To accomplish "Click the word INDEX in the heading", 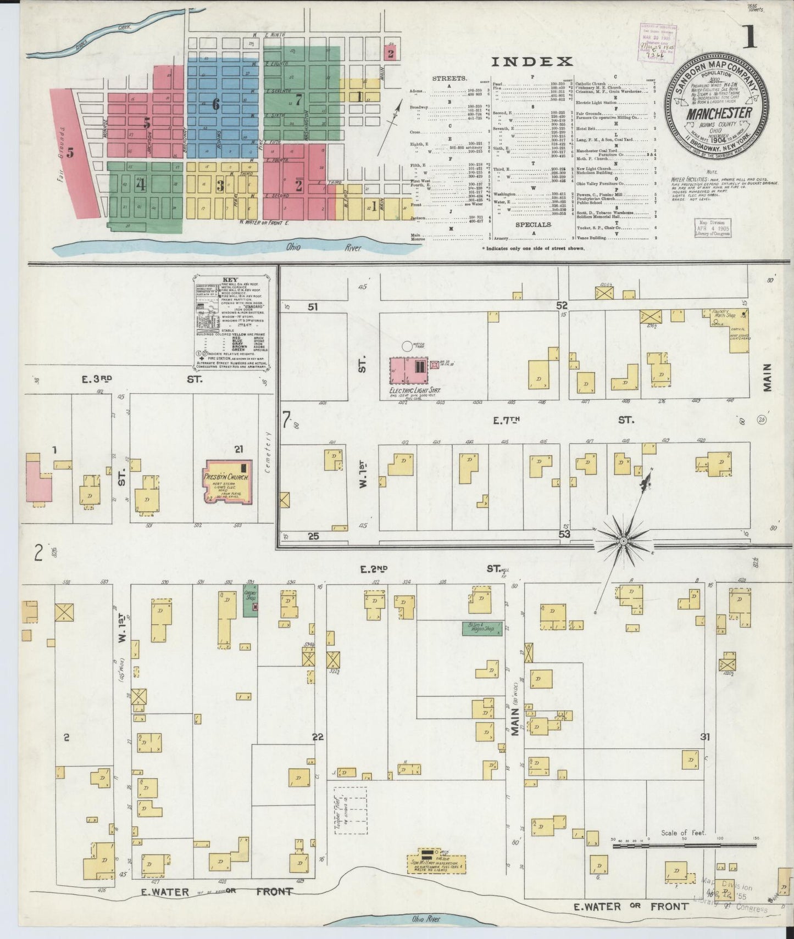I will pos(531,62).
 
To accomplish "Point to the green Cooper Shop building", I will pos(251,602).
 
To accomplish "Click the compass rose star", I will pos(624,541).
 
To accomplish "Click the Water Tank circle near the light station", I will pos(407,346).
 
